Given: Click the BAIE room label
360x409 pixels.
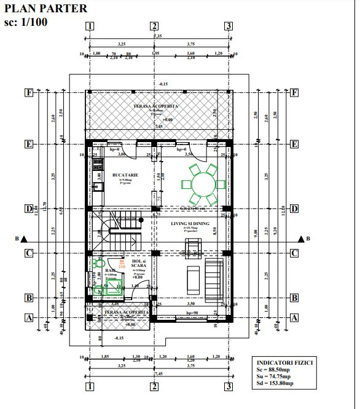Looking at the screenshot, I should [110, 270].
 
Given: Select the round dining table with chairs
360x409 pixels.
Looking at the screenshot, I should [203, 184].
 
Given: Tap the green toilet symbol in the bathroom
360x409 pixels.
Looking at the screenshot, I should [97, 263].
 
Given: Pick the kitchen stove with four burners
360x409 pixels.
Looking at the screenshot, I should [97, 165].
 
